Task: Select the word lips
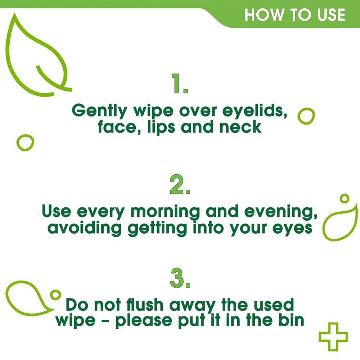tap(160, 127)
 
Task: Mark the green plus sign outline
tap(333, 336)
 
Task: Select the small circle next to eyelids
tap(306, 116)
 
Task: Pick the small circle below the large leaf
tap(25, 143)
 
